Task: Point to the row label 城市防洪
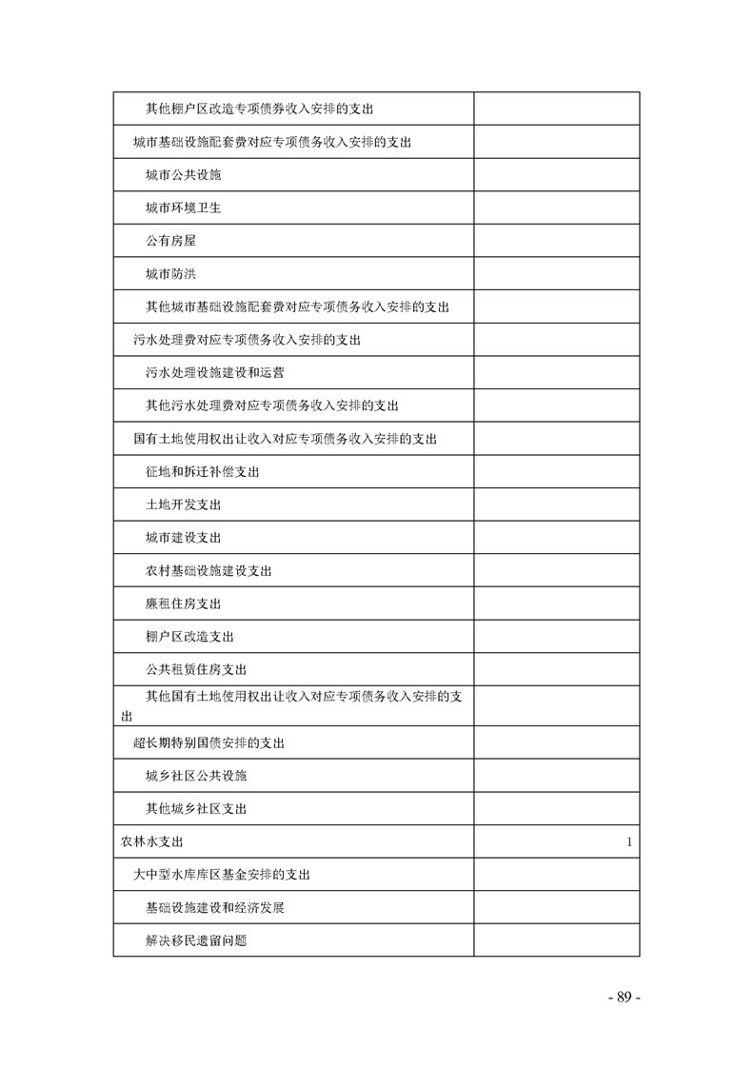[171, 274]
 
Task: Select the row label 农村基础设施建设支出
[209, 571]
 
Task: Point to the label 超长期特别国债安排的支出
[209, 742]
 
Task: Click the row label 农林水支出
[151, 842]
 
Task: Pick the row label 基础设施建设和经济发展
[215, 908]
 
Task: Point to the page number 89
[625, 998]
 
